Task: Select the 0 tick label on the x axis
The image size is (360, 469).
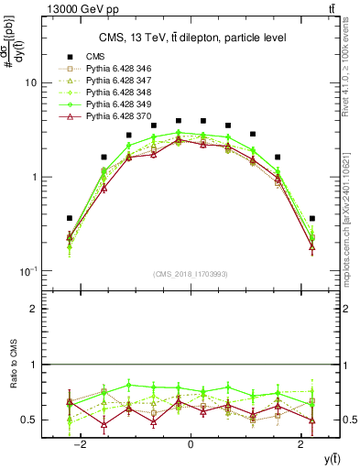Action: pos(191,445)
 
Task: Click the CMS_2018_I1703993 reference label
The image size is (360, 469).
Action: pos(191,274)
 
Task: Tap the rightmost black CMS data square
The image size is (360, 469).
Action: pos(312,219)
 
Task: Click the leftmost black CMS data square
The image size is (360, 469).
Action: pos(70,219)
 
